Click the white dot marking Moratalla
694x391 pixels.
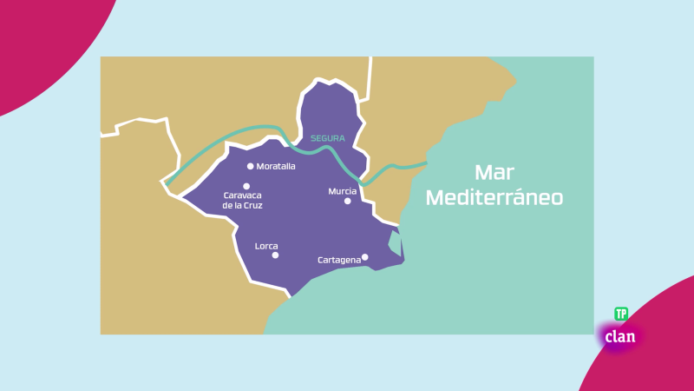(x=251, y=166)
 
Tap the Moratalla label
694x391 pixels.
(x=277, y=166)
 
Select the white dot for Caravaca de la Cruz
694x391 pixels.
(x=246, y=186)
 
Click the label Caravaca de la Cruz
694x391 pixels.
(x=243, y=201)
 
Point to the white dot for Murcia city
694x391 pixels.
(x=348, y=201)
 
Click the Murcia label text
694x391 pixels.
(x=342, y=190)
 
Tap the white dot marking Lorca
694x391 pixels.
(x=275, y=255)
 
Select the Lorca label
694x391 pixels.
(x=266, y=245)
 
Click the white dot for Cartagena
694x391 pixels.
(x=365, y=256)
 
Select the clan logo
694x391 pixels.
(x=620, y=336)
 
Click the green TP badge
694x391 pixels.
(x=621, y=314)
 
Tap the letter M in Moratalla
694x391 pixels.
(x=260, y=166)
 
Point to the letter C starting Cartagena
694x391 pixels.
(x=321, y=259)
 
